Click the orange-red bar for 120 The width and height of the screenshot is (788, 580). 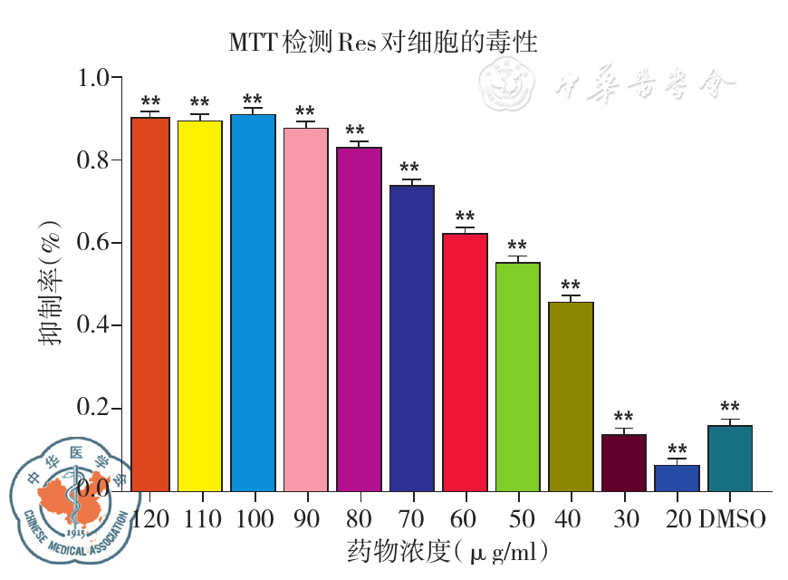(150, 304)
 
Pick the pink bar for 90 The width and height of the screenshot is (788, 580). (306, 309)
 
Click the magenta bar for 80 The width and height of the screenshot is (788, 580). (360, 318)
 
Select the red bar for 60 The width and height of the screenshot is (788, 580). (466, 362)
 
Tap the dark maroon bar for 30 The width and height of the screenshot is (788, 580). (624, 462)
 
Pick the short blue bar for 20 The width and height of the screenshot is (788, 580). (677, 478)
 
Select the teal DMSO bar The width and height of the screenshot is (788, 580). (730, 458)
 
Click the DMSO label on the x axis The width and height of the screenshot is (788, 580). (733, 519)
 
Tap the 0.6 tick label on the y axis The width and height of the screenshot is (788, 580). (98, 243)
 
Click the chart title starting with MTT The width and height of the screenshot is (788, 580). (383, 42)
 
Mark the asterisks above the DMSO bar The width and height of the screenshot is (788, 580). (730, 408)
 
